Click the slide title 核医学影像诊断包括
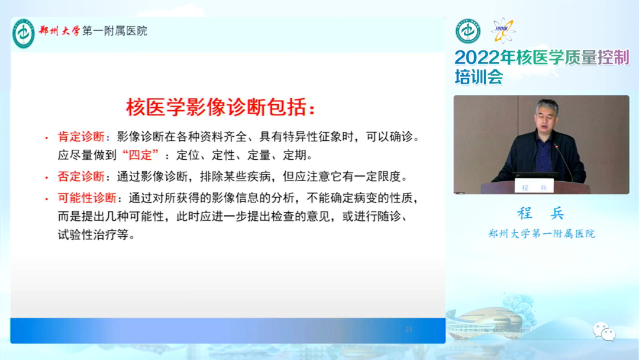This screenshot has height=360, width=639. [x=221, y=107]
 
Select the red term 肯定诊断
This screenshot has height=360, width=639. [x=81, y=137]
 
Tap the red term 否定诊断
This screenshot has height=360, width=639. [x=81, y=176]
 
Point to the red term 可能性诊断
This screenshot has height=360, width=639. [x=87, y=198]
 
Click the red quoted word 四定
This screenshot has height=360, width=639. [x=140, y=155]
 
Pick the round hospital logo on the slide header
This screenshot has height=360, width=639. [x=24, y=33]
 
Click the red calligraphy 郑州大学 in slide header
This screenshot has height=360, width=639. [x=60, y=31]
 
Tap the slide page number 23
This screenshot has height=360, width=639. [x=409, y=329]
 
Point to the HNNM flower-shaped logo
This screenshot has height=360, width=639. [x=504, y=30]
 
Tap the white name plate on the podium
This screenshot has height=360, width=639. [x=534, y=187]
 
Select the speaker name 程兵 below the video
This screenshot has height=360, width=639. [x=541, y=213]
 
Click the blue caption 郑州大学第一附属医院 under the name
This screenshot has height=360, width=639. [x=541, y=234]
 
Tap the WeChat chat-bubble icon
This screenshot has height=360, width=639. [x=604, y=331]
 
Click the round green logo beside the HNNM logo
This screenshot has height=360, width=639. [x=468, y=31]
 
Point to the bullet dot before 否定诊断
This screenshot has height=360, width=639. [x=47, y=178]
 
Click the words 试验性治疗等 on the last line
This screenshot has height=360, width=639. [x=93, y=235]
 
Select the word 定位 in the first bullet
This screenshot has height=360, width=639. [x=188, y=155]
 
